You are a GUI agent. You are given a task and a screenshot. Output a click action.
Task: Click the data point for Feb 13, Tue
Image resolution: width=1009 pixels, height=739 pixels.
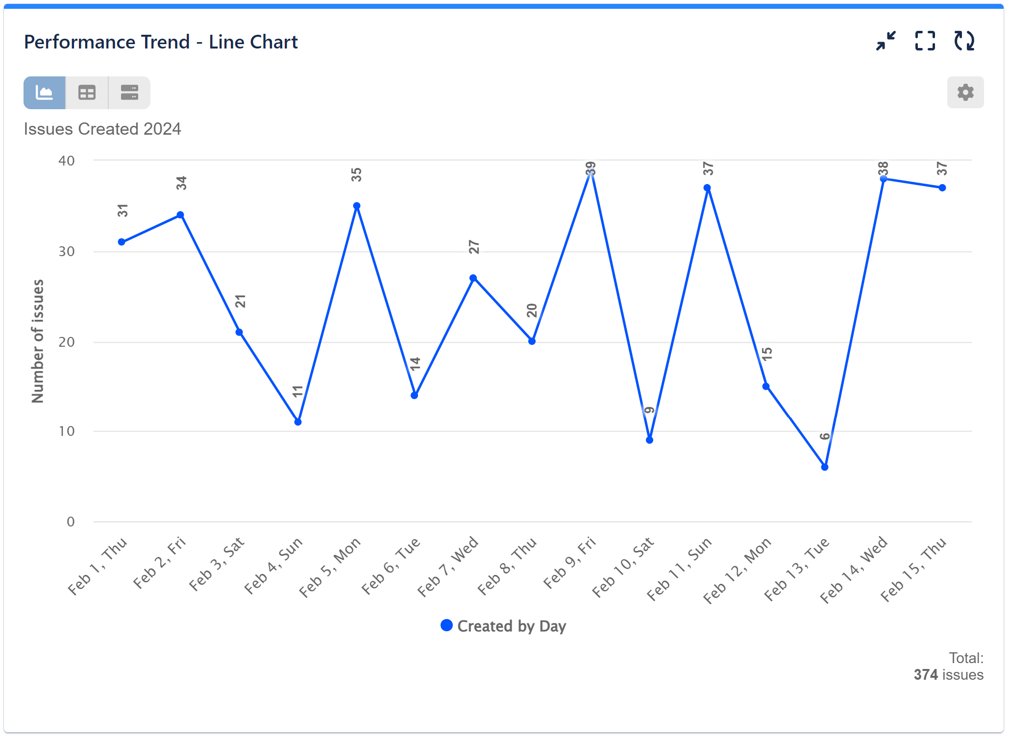click(825, 467)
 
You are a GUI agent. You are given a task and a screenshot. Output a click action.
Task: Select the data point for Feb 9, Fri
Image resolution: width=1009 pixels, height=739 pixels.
click(591, 170)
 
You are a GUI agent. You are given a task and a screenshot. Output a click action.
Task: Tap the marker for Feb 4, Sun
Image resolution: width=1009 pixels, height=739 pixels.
click(298, 422)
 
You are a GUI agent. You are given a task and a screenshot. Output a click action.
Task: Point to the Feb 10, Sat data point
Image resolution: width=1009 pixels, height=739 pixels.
click(649, 440)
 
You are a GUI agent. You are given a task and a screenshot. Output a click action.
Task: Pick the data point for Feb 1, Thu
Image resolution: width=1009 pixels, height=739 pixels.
click(122, 242)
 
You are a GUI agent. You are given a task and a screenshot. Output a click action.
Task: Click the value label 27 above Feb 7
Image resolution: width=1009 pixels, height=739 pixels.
click(474, 247)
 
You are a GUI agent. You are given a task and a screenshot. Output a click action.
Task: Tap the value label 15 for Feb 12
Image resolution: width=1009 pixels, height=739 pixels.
click(767, 354)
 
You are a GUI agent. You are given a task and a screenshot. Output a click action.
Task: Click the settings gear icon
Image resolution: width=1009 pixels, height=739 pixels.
click(965, 93)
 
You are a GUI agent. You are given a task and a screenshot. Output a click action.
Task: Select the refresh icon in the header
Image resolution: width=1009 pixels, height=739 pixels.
click(964, 41)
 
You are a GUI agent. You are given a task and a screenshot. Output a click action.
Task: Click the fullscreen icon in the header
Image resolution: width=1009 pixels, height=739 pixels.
click(925, 41)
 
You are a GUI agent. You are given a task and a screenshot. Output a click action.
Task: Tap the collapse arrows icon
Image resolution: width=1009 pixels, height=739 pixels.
click(886, 41)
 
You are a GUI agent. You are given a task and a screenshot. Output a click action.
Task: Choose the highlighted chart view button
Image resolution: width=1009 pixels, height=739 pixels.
click(45, 93)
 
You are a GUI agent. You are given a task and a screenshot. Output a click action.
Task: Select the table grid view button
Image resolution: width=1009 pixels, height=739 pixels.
click(87, 93)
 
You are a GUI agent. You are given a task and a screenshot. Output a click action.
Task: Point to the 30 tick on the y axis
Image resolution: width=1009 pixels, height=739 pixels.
click(67, 252)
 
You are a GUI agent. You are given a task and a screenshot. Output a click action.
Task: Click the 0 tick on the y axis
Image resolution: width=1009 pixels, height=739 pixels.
click(71, 522)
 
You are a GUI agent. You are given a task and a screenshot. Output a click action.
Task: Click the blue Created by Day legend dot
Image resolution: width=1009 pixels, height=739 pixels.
click(446, 625)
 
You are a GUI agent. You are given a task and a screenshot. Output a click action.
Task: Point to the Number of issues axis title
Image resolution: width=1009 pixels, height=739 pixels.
click(38, 341)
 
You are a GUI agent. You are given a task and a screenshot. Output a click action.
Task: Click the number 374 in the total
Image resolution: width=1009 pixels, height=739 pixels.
click(925, 675)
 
